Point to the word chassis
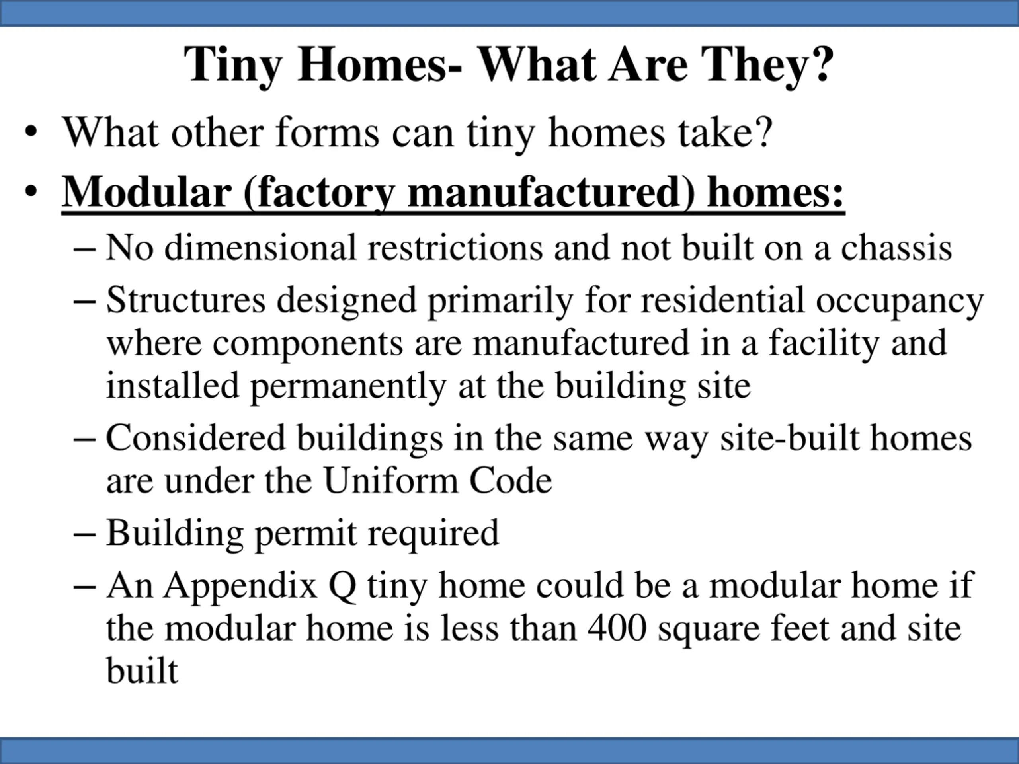896,248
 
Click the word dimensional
260,248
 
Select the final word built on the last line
142,670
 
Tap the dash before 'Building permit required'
85,534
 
